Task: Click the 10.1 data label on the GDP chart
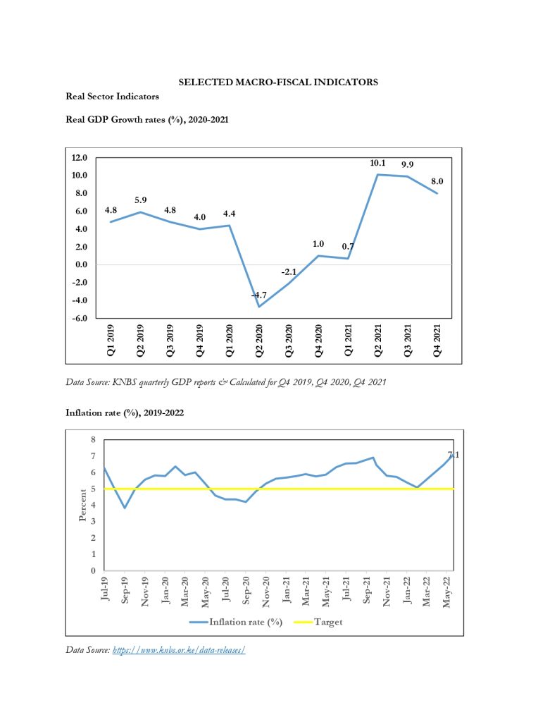[x=377, y=163]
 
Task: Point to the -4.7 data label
[x=259, y=295]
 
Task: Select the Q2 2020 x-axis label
[x=259, y=341]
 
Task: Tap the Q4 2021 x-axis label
[x=437, y=341]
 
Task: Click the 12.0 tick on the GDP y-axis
[x=79, y=157]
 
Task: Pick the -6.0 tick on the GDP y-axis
[x=79, y=318]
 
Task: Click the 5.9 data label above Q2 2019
[x=140, y=200]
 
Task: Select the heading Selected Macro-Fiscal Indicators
[x=278, y=82]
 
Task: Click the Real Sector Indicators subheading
[x=112, y=96]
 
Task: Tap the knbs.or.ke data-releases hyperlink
[x=178, y=649]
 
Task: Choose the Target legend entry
[x=318, y=622]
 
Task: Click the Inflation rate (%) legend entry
[x=236, y=622]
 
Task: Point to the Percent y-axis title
[x=82, y=505]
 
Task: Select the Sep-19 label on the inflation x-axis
[x=125, y=590]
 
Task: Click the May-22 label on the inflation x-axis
[x=447, y=592]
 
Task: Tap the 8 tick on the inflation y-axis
[x=93, y=440]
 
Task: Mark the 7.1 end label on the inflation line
[x=453, y=455]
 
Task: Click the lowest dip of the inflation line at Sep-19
[x=125, y=508]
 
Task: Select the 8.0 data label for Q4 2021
[x=437, y=181]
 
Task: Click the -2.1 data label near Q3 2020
[x=289, y=272]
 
